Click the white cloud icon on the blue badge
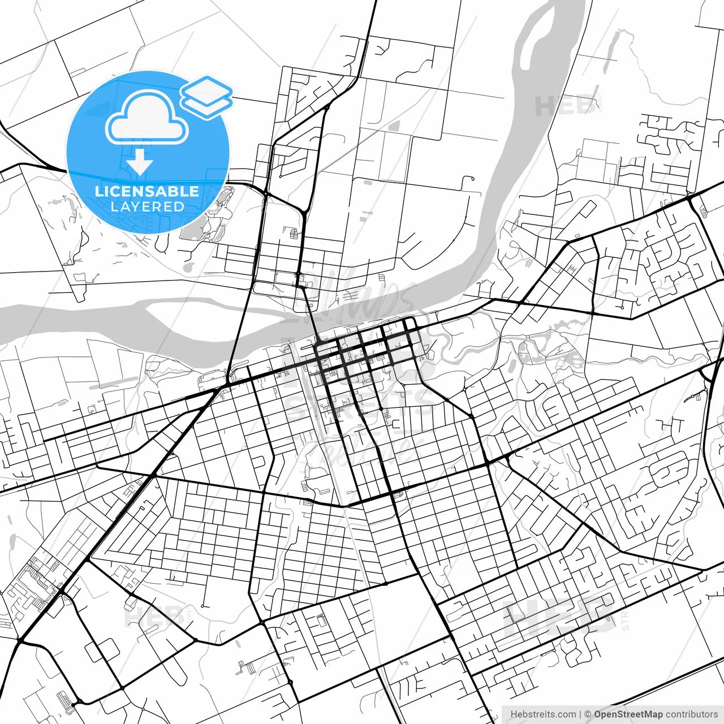pyautogui.click(x=147, y=118)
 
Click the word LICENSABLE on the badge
pyautogui.click(x=147, y=191)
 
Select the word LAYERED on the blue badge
pyautogui.click(x=147, y=206)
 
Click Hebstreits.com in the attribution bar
pyautogui.click(x=543, y=714)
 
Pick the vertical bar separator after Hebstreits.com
pyautogui.click(x=580, y=714)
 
